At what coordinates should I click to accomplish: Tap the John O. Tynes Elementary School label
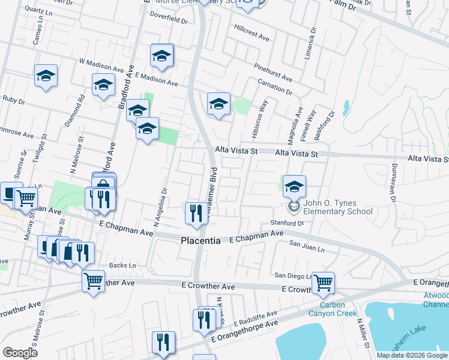337,207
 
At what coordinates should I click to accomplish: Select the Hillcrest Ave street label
252,32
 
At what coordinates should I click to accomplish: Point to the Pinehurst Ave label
273,71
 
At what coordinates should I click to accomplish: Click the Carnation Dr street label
274,87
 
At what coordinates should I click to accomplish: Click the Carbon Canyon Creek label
333,309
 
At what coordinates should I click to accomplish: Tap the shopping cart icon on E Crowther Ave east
323,282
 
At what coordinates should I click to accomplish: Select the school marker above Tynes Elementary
294,187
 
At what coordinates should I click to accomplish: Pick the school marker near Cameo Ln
46,76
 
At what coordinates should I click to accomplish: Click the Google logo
20,353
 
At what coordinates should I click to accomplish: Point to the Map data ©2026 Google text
412,355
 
